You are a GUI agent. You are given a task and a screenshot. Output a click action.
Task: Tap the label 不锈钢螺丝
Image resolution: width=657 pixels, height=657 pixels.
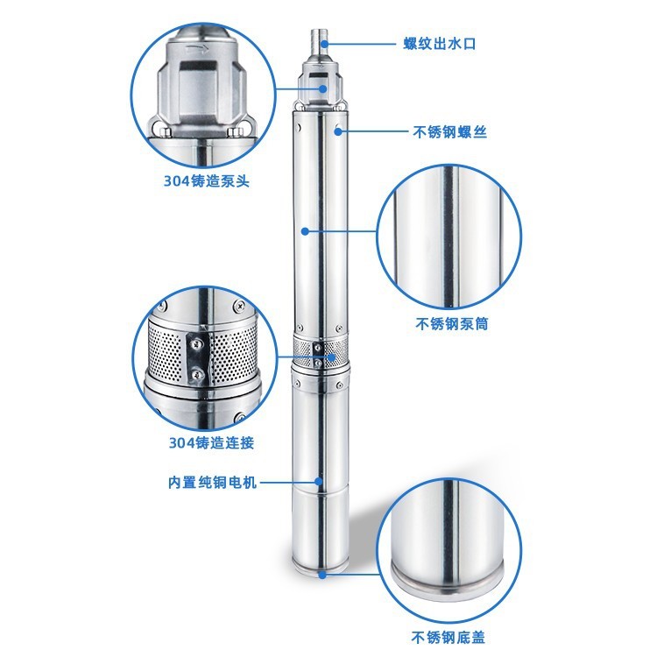[x=449, y=133]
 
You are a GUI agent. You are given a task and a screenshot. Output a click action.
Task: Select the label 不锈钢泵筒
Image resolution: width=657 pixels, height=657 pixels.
[x=451, y=323]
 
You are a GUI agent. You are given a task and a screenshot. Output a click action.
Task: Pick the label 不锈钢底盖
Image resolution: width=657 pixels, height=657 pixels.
[x=451, y=637]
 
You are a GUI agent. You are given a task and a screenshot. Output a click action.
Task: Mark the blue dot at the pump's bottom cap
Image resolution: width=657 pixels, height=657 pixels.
[x=322, y=575]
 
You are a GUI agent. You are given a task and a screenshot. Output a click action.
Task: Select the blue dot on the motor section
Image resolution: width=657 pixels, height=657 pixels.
[x=319, y=482]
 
